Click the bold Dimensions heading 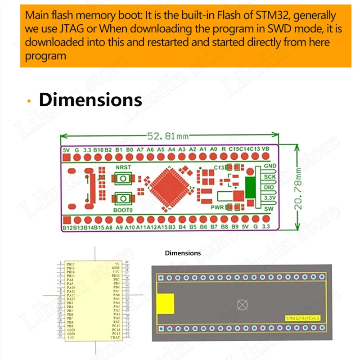click(x=90, y=99)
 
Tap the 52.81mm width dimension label click(x=166, y=135)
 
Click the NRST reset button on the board click(x=122, y=179)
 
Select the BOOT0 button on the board click(x=122, y=198)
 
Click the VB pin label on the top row click(x=265, y=149)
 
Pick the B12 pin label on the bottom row click(x=67, y=228)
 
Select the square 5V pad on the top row click(x=67, y=157)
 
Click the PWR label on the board click(x=217, y=207)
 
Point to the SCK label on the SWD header click(x=270, y=177)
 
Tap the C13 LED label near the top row click(x=219, y=167)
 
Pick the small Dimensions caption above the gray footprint click(x=183, y=253)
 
